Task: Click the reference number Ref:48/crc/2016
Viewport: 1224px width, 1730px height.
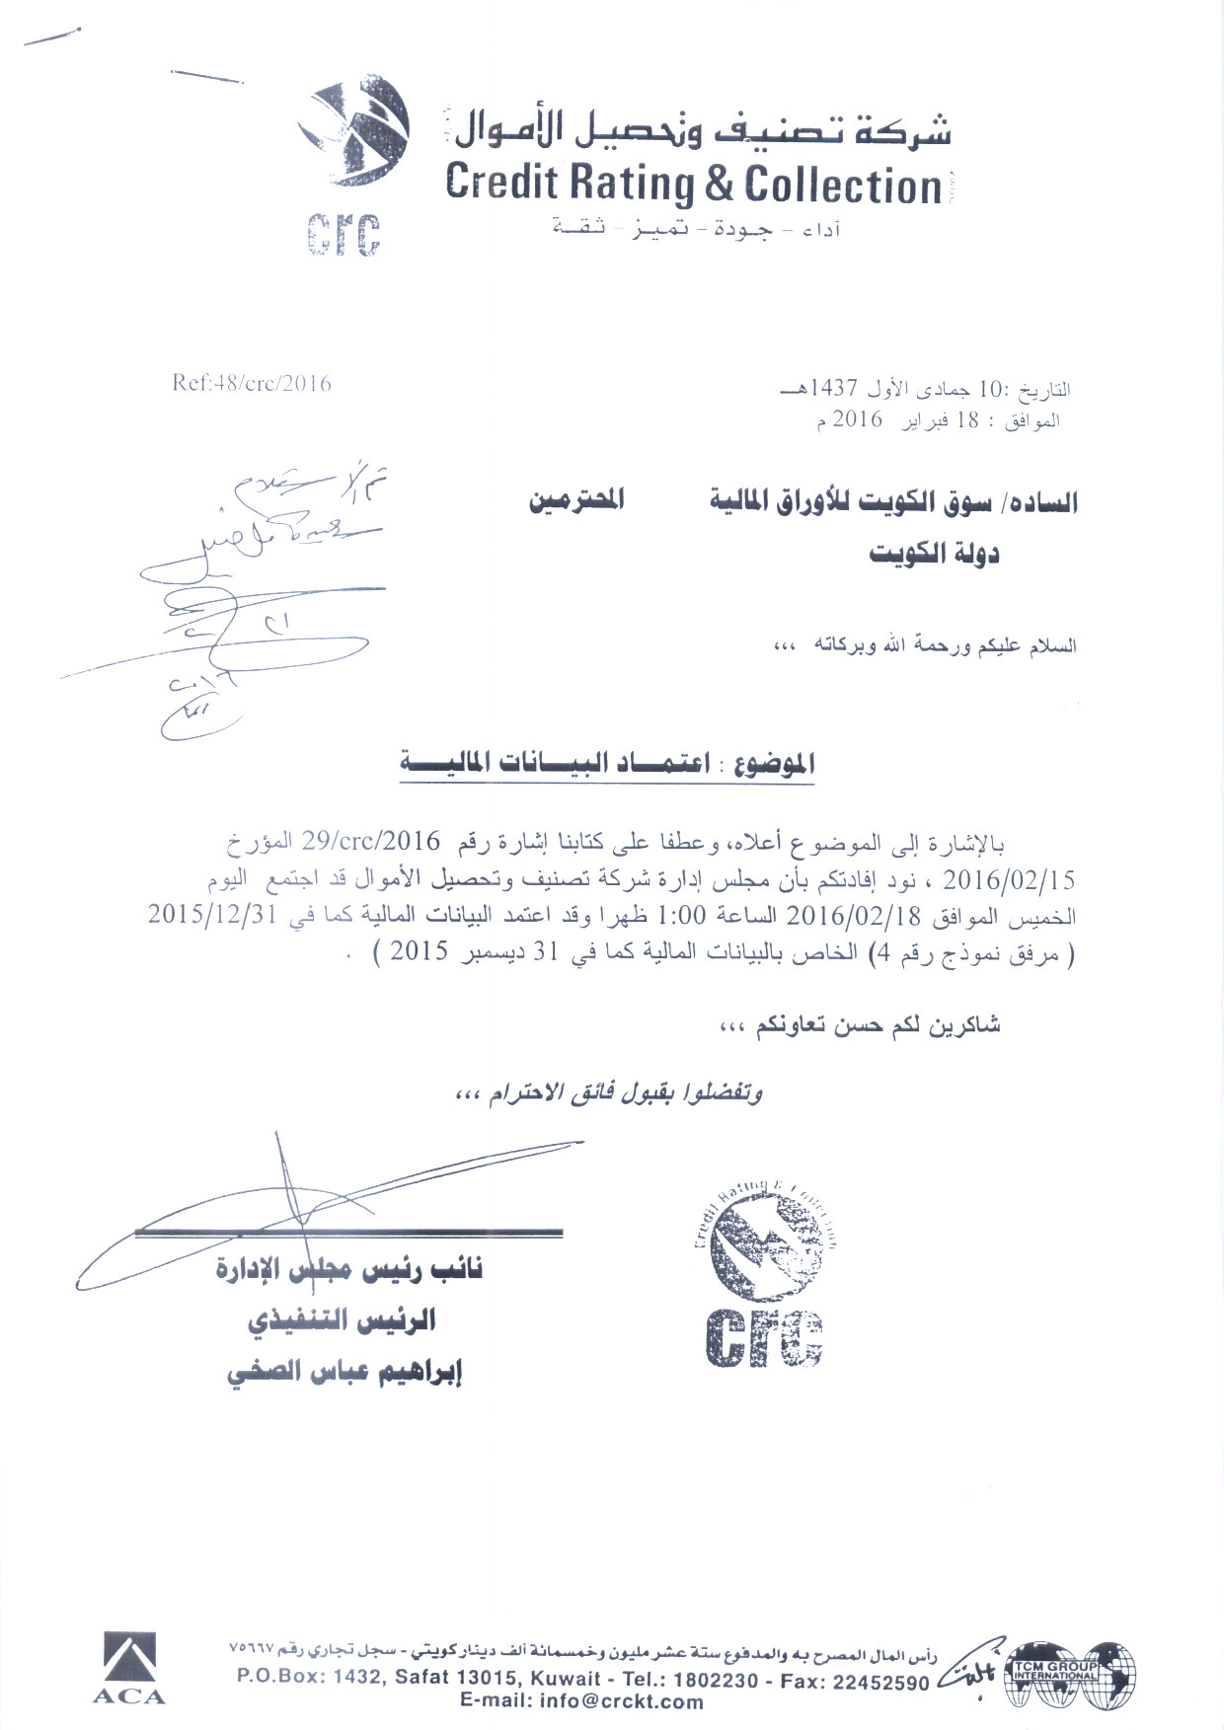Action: pos(252,383)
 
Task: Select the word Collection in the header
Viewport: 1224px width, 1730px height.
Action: pos(843,186)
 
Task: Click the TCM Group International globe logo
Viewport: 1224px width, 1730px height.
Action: pos(1070,1674)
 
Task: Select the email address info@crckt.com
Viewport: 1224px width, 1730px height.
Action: pos(581,1701)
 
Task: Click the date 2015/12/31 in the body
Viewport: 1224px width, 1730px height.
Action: pos(211,914)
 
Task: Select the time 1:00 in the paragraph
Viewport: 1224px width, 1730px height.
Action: pos(680,916)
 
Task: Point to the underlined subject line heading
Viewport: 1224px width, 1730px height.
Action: pos(607,763)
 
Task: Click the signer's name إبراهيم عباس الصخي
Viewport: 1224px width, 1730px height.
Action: pos(344,1373)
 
